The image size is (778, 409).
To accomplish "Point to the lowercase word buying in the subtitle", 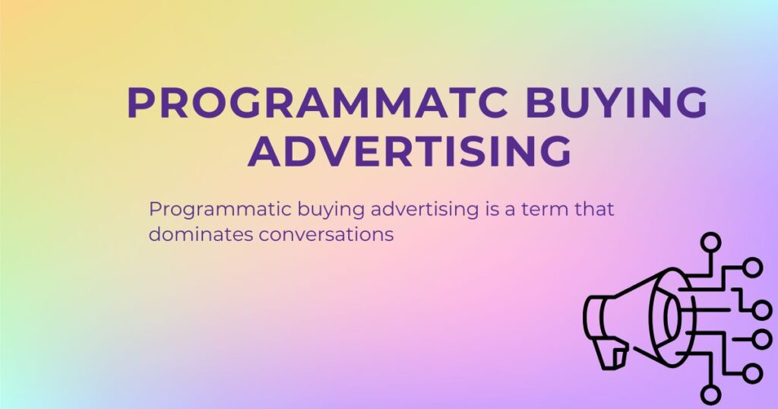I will (293, 211).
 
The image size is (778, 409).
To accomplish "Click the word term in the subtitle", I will (542, 210).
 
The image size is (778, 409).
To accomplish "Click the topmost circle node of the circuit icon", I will (710, 243).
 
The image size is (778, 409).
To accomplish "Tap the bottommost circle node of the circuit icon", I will (710, 394).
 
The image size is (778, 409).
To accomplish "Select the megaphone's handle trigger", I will (613, 353).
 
